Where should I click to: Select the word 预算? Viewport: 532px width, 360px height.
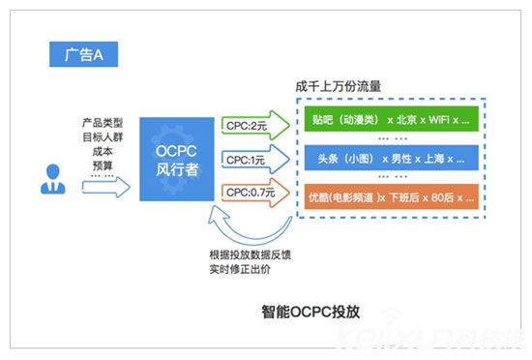pyautogui.click(x=101, y=165)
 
